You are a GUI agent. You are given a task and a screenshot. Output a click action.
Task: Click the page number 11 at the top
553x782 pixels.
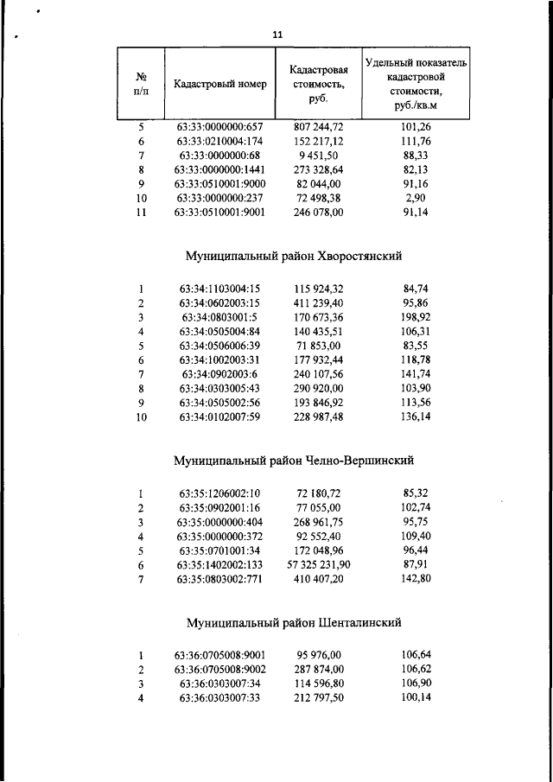(276, 35)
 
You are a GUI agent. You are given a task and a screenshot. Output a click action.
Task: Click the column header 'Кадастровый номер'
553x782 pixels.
(219, 85)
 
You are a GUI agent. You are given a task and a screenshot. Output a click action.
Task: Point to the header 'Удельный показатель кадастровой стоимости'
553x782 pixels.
(416, 84)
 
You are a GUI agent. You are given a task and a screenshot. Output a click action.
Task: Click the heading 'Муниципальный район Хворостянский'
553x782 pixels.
(295, 256)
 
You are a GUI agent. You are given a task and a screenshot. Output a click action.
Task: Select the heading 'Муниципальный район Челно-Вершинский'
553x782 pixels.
(295, 461)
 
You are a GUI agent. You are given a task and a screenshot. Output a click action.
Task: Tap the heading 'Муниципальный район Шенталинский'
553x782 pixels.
(295, 622)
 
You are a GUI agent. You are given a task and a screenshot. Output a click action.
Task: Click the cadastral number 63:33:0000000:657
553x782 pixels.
(219, 127)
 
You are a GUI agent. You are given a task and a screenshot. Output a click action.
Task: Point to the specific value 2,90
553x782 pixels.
(416, 198)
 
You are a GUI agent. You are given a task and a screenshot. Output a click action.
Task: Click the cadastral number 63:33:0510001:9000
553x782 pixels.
(219, 184)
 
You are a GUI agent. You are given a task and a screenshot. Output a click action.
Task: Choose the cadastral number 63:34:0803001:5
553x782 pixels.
(219, 317)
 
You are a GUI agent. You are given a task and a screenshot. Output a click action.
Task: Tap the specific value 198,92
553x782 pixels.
(416, 317)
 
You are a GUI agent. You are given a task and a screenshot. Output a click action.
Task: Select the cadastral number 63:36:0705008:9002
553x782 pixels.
(219, 669)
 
